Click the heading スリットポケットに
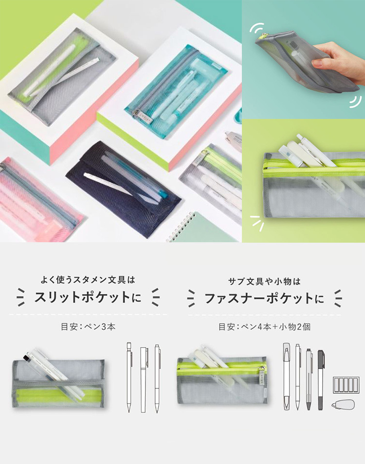88,297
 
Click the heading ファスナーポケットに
264,298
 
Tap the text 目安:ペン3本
88,327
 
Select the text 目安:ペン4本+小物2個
264,327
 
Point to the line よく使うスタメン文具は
88,279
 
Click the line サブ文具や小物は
264,281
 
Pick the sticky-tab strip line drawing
346,385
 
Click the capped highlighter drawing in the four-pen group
286,377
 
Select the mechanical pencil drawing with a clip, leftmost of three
129,377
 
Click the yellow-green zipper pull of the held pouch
261,36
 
